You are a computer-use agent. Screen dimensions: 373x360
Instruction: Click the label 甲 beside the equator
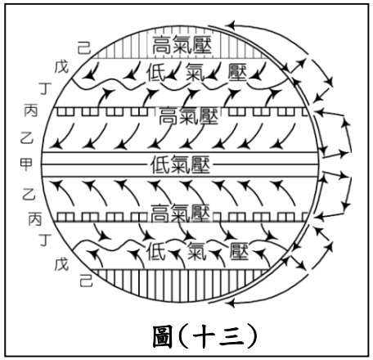coord(26,164)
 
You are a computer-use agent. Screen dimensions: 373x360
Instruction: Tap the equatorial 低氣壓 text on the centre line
coord(180,165)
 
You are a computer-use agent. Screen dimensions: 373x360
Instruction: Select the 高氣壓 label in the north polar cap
coord(182,45)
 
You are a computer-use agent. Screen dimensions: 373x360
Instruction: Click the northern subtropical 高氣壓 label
coord(188,116)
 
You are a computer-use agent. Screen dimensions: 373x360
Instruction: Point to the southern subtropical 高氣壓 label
coord(180,213)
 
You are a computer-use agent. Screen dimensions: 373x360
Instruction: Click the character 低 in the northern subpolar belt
coord(156,73)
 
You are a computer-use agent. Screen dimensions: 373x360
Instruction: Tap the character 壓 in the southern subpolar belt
coord(239,251)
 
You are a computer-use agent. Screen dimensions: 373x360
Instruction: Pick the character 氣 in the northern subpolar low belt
coord(195,73)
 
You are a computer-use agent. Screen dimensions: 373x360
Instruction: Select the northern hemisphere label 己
coord(84,48)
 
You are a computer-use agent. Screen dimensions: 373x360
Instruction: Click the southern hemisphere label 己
coord(86,281)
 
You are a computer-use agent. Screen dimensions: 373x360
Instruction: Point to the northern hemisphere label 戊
coord(61,67)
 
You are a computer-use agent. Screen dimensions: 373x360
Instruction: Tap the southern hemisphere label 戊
coord(61,264)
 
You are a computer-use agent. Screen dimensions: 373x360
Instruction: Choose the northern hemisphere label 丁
coord(45,88)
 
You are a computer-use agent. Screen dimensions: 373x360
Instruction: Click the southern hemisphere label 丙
coord(35,219)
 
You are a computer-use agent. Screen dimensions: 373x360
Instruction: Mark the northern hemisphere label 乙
coord(27,138)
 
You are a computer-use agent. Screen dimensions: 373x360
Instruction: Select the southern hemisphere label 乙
coord(29,194)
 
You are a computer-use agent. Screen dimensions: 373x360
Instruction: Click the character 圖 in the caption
coord(163,336)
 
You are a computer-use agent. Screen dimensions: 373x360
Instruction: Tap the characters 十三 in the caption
coord(218,337)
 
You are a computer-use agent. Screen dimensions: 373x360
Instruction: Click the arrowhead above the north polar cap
coord(231,25)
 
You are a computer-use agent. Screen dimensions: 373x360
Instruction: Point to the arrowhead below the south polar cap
coord(231,302)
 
